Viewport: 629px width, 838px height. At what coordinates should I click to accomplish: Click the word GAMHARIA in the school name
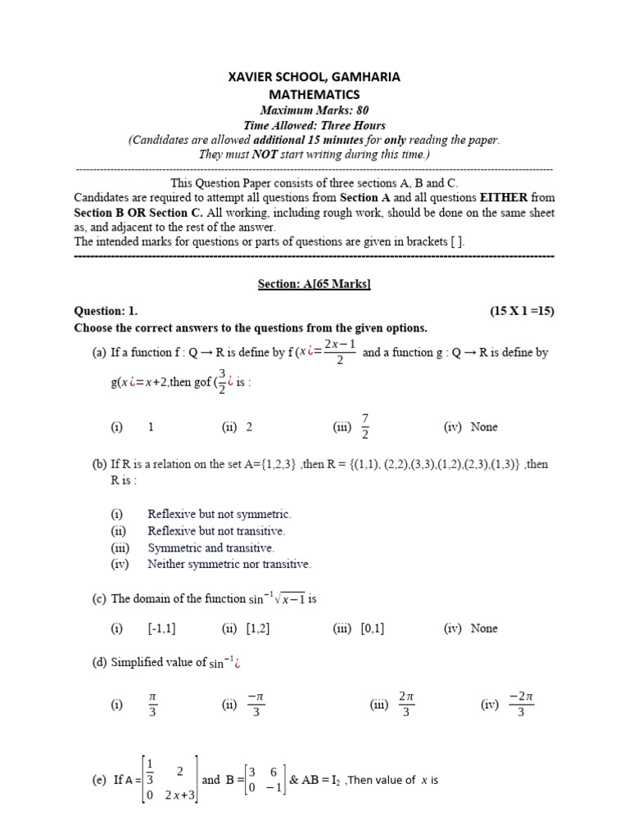tap(363, 77)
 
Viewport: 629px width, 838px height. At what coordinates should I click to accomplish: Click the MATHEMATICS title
tap(314, 94)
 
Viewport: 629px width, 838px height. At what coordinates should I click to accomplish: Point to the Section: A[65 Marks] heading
tap(314, 283)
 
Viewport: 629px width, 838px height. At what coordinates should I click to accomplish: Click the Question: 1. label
tap(106, 311)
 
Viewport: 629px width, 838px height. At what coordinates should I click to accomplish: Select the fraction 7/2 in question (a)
tap(365, 426)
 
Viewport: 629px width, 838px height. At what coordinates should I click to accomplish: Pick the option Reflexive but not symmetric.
tap(219, 514)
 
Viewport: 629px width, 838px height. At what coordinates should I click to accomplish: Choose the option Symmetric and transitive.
tap(210, 547)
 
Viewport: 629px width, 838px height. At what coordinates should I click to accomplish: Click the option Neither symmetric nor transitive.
tap(229, 564)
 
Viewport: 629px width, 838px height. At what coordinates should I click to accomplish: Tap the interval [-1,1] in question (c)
tap(162, 628)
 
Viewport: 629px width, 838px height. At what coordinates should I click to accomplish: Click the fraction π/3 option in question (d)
tap(152, 705)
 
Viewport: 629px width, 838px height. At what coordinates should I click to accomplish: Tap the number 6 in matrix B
tap(273, 772)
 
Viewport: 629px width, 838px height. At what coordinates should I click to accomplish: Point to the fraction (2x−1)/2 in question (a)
tap(339, 353)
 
